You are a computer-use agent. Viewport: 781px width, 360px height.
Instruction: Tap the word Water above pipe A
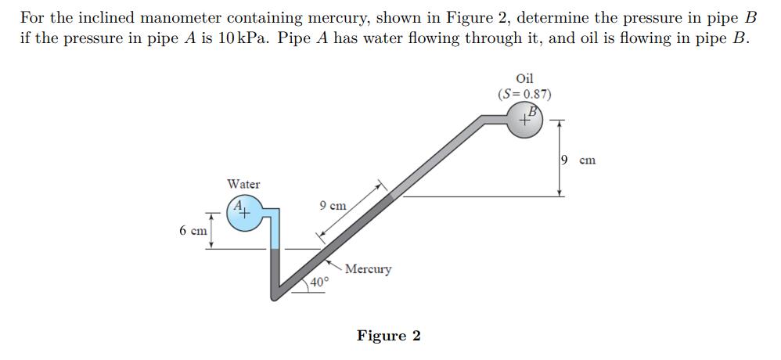[243, 184]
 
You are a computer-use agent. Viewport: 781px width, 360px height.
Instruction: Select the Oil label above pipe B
[525, 78]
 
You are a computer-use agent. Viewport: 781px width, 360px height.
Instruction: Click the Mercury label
[369, 269]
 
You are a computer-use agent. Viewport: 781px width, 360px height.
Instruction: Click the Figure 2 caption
[388, 336]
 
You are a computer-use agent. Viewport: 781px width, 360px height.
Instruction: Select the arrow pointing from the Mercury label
[336, 264]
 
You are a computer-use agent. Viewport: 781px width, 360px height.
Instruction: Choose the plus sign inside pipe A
[245, 212]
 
